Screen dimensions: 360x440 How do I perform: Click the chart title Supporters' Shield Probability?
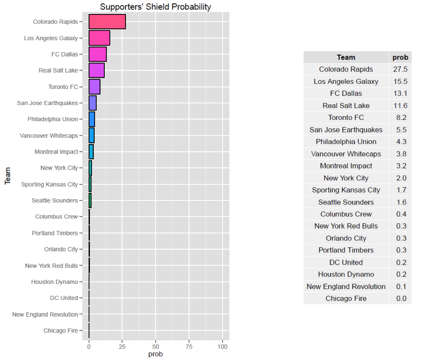pyautogui.click(x=155, y=7)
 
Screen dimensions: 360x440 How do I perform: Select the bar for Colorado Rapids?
pyautogui.click(x=107, y=22)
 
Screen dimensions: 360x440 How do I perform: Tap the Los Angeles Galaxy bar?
pyautogui.click(x=99, y=38)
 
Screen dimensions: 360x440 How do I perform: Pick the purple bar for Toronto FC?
pyautogui.click(x=94, y=87)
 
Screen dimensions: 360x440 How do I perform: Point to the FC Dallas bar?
pyautogui.click(x=97, y=54)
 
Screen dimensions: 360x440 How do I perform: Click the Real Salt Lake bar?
pyautogui.click(x=97, y=71)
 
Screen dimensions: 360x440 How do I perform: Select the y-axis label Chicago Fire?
pyautogui.click(x=61, y=331)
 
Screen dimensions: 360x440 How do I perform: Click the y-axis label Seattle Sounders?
pyautogui.click(x=55, y=200)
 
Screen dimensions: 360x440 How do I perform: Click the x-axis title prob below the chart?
pyautogui.click(x=156, y=354)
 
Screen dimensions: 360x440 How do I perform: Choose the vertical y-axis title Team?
pyautogui.click(x=8, y=176)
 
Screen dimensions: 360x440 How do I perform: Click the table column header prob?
pyautogui.click(x=400, y=57)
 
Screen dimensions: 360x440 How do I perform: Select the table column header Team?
pyautogui.click(x=346, y=57)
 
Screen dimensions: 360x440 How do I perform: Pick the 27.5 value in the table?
pyautogui.click(x=400, y=69)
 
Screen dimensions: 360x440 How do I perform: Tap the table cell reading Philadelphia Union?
pyautogui.click(x=346, y=142)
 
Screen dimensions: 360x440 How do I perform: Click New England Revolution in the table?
pyautogui.click(x=346, y=286)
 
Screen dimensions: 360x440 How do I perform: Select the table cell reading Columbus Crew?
pyautogui.click(x=346, y=214)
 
